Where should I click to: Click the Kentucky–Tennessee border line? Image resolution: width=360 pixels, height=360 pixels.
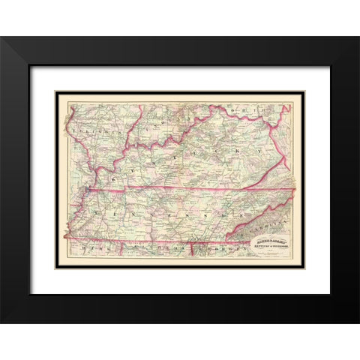coord(187,188)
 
